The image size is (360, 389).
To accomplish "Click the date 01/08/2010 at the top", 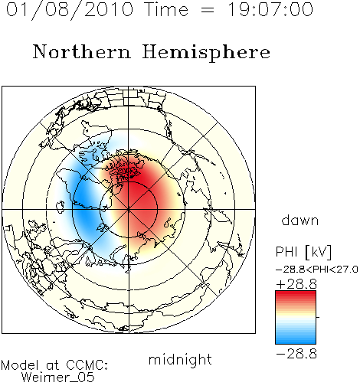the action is [70, 10].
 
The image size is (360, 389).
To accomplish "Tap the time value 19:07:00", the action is [270, 9].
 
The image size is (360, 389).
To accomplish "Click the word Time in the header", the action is [166, 9].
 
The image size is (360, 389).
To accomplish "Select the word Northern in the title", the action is [82, 52].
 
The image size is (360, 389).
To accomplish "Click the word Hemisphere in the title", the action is [206, 53].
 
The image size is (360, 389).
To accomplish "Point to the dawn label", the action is [300, 220].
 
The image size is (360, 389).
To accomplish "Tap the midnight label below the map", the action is [180, 360].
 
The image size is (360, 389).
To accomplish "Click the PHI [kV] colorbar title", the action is [303, 252].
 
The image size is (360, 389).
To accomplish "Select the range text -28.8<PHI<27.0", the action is [317, 270].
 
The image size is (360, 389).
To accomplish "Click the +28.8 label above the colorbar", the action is [296, 284].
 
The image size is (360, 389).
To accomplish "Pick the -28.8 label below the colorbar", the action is [296, 354].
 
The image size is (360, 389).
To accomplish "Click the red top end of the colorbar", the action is [296, 293].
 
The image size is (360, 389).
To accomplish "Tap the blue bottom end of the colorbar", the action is [296, 342].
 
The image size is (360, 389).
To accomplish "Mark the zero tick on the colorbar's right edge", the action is [318, 317].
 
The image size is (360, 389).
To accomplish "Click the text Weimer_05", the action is [58, 378].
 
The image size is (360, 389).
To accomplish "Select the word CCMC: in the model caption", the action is [87, 365].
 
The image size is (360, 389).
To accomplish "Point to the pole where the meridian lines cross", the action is [129, 210].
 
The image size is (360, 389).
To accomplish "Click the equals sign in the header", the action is [208, 10].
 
